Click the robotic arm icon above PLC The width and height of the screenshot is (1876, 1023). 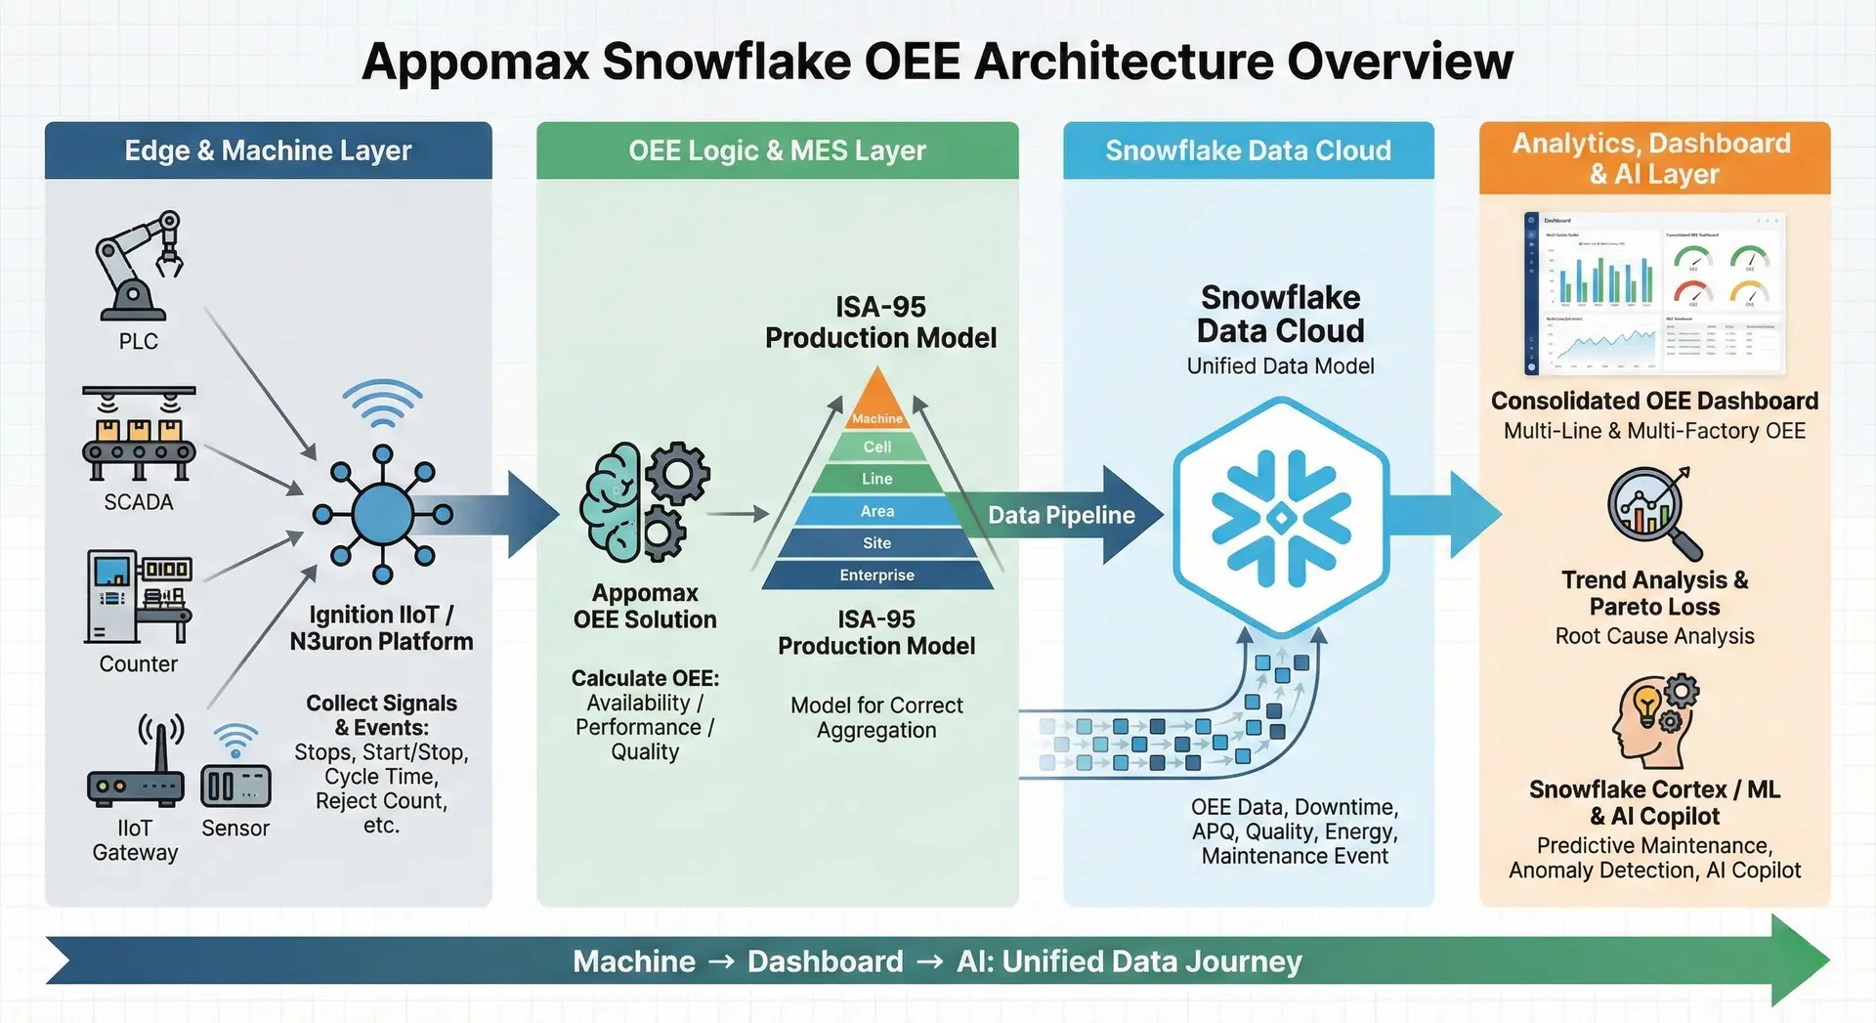pos(139,266)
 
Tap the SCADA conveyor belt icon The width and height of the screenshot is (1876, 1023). pos(139,435)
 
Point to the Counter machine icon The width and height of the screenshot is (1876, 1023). pos(139,597)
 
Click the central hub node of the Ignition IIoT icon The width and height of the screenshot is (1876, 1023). pos(382,514)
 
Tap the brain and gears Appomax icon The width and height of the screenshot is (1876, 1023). pos(644,502)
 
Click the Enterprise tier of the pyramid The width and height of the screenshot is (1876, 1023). pos(876,575)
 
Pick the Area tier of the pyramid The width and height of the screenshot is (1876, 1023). pos(876,511)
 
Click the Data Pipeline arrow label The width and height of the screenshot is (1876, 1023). pos(1061,515)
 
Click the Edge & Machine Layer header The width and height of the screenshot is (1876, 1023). pos(268,150)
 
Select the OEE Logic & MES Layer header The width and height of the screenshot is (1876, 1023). pos(777,150)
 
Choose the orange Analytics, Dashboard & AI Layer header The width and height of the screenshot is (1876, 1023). pos(1653,158)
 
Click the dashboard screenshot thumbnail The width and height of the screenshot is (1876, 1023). pos(1654,294)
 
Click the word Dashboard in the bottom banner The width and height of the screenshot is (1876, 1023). pos(825,961)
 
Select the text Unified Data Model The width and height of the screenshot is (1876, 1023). pos(1280,366)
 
